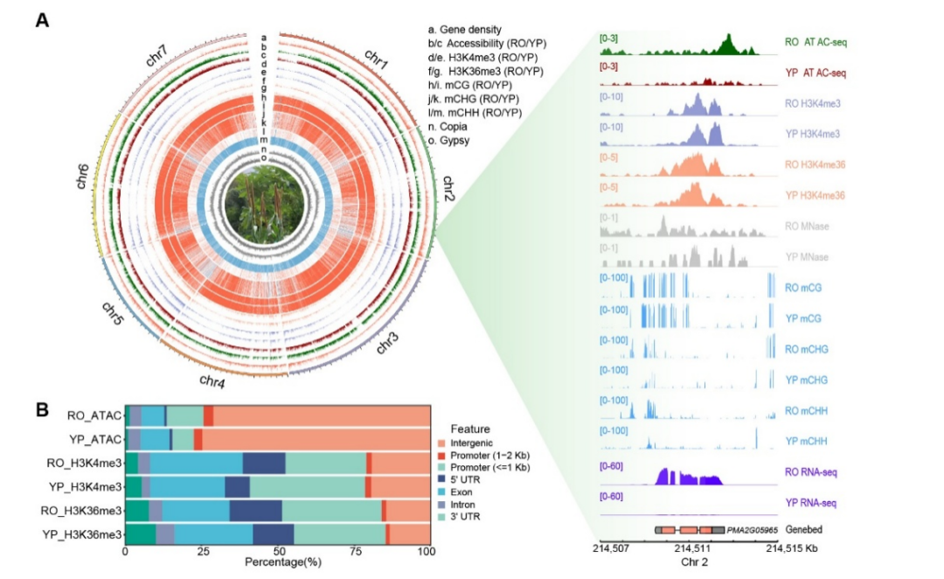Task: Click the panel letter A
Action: click(41, 19)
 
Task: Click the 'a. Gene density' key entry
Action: click(476, 30)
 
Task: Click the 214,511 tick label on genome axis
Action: click(691, 549)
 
